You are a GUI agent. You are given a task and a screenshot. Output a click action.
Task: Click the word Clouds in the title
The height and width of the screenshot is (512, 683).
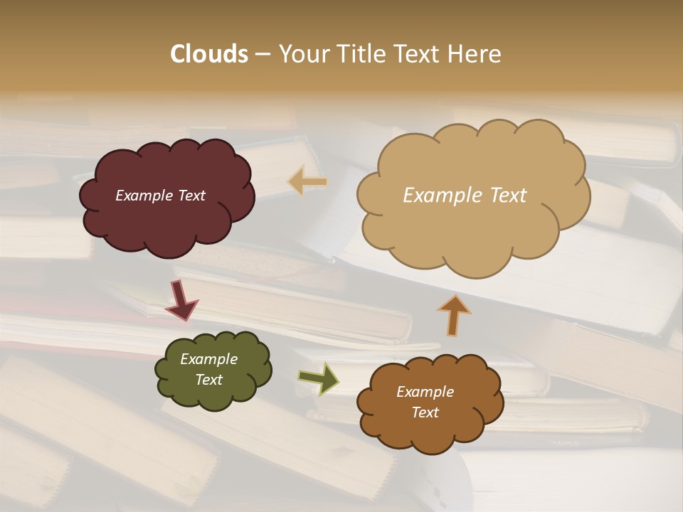[208, 54]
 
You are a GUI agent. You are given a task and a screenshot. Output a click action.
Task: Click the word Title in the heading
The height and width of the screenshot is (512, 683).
[358, 54]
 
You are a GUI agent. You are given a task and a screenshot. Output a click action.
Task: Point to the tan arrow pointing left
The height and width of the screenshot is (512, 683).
[308, 182]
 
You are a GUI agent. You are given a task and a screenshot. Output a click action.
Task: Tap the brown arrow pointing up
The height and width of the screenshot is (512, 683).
[454, 315]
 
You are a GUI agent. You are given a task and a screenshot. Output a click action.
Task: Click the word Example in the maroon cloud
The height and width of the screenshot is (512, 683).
[144, 196]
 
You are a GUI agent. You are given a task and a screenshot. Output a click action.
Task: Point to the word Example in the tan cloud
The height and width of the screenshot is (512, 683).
[444, 196]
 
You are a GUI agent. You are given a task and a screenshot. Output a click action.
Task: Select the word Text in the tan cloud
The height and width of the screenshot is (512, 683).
[508, 196]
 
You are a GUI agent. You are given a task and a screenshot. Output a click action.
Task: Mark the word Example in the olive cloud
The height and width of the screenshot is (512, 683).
[208, 359]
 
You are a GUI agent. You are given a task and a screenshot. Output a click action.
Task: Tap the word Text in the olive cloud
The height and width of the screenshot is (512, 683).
[208, 380]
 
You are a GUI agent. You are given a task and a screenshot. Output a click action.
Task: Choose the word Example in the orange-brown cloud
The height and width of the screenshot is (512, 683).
[425, 392]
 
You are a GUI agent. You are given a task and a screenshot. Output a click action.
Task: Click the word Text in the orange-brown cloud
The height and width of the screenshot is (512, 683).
[425, 412]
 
